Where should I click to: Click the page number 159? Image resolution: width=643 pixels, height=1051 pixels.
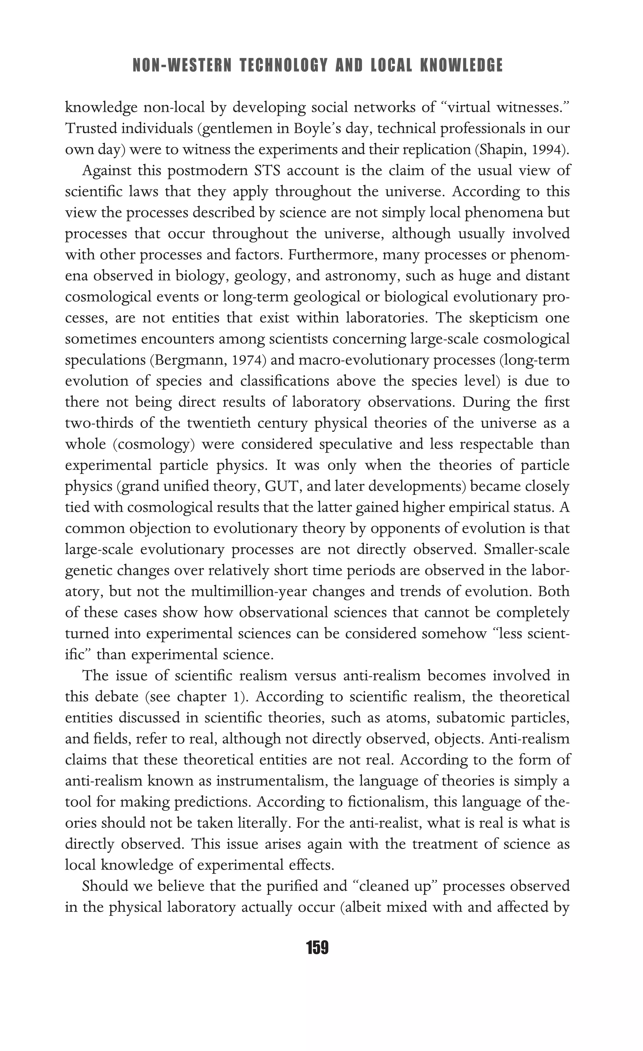point(317,948)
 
